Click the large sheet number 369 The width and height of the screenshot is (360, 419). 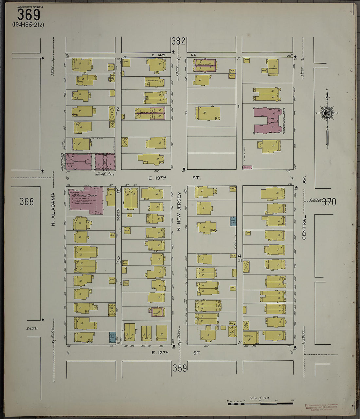click(28, 15)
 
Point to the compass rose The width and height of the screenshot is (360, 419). click(327, 113)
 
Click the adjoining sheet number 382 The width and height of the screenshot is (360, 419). click(178, 41)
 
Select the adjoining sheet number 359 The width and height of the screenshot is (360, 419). click(180, 368)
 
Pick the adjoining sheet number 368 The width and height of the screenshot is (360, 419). click(27, 202)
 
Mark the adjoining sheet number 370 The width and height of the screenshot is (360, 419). click(329, 202)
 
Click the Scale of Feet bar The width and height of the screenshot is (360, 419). click(260, 403)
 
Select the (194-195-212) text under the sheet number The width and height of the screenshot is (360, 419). click(28, 25)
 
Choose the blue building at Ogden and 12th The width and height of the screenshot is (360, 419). click(112, 337)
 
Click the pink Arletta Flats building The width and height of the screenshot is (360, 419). click(79, 162)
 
